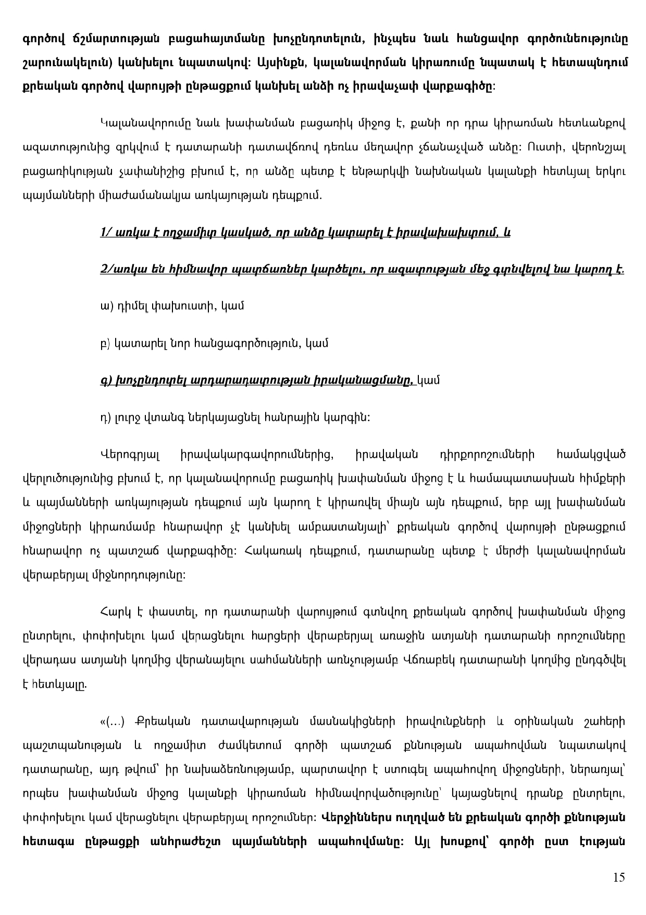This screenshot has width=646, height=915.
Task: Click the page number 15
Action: click(x=619, y=877)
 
